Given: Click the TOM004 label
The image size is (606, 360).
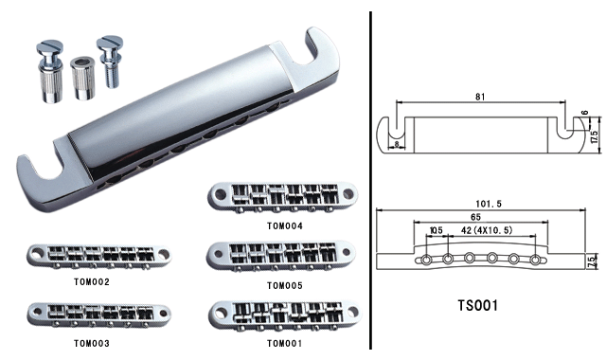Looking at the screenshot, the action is click(284, 225).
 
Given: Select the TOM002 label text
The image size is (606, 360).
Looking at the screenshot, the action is click(92, 282).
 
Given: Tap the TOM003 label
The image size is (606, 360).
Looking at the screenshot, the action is click(92, 343).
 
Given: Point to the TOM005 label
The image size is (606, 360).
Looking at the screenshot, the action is click(284, 286).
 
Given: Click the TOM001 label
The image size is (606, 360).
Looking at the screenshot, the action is click(284, 343).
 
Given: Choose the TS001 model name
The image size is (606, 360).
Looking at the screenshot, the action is click(477, 305).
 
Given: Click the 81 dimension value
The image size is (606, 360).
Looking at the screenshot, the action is click(480, 97).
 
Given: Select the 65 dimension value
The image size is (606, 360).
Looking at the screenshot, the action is click(475, 217).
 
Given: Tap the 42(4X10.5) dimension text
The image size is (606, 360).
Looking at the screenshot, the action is click(487, 230).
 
